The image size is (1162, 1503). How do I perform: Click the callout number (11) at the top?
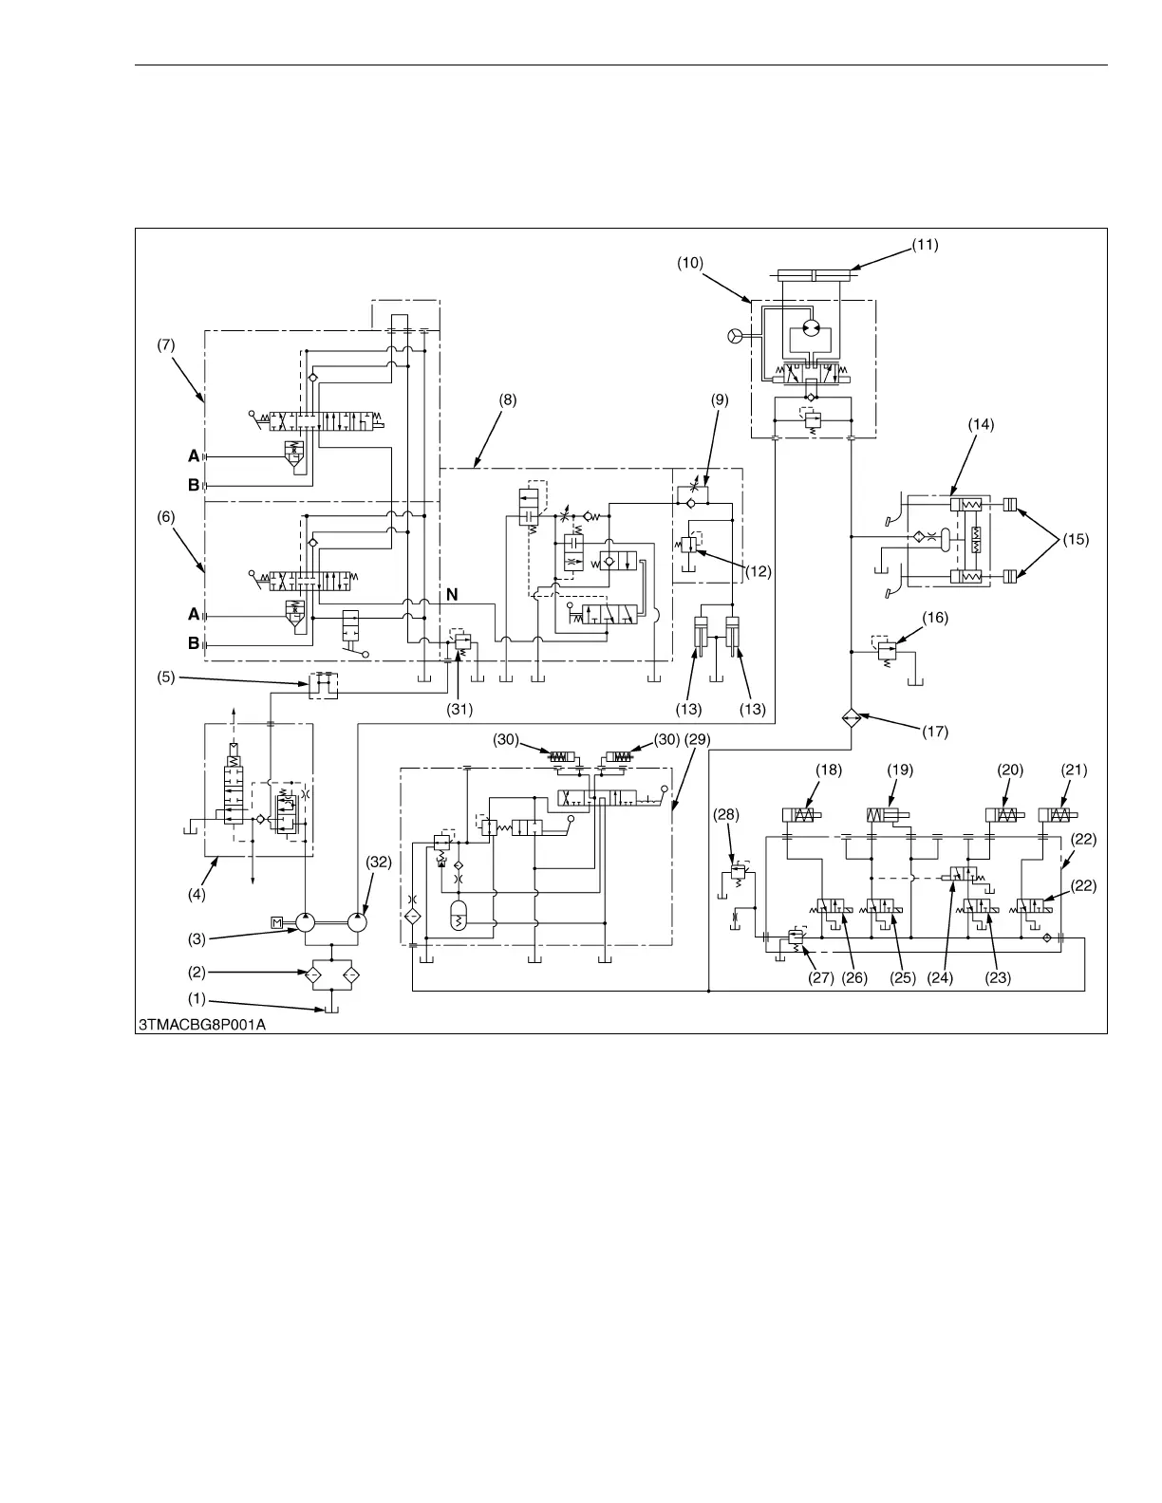click(x=925, y=244)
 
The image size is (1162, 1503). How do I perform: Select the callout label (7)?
click(x=165, y=345)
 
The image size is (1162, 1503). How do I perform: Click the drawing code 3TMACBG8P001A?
click(x=200, y=1024)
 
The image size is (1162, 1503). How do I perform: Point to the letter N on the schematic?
click(x=453, y=594)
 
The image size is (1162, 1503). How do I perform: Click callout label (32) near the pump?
click(x=378, y=862)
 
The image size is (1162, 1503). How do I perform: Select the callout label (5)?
click(x=165, y=677)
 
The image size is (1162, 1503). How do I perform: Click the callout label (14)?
click(x=981, y=425)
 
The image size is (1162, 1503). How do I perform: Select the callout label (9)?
click(x=720, y=399)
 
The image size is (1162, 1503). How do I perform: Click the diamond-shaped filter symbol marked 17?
click(x=851, y=718)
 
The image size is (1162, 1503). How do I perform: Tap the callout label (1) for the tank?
click(x=197, y=998)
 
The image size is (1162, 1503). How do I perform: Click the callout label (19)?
click(x=900, y=770)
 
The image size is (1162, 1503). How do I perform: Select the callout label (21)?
click(x=1074, y=770)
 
